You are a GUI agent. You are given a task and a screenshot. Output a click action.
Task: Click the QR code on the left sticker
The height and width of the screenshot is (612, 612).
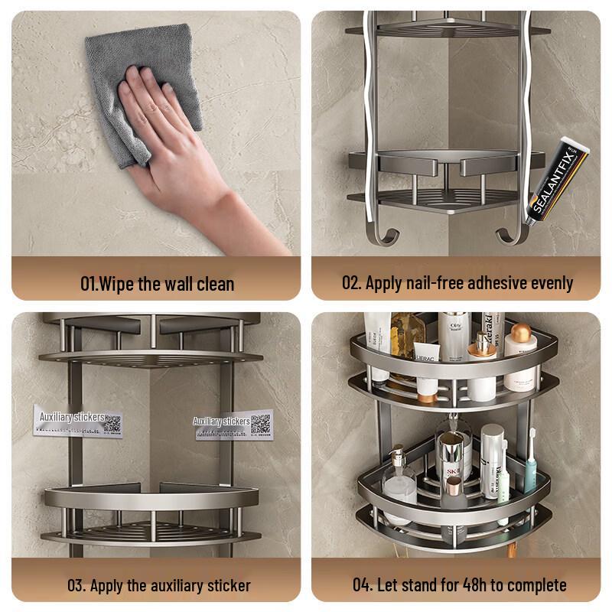(112, 422)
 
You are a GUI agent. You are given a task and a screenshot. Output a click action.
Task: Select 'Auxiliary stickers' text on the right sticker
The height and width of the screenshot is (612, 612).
(221, 421)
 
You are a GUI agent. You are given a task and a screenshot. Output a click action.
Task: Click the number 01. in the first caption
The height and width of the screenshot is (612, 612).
(90, 283)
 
